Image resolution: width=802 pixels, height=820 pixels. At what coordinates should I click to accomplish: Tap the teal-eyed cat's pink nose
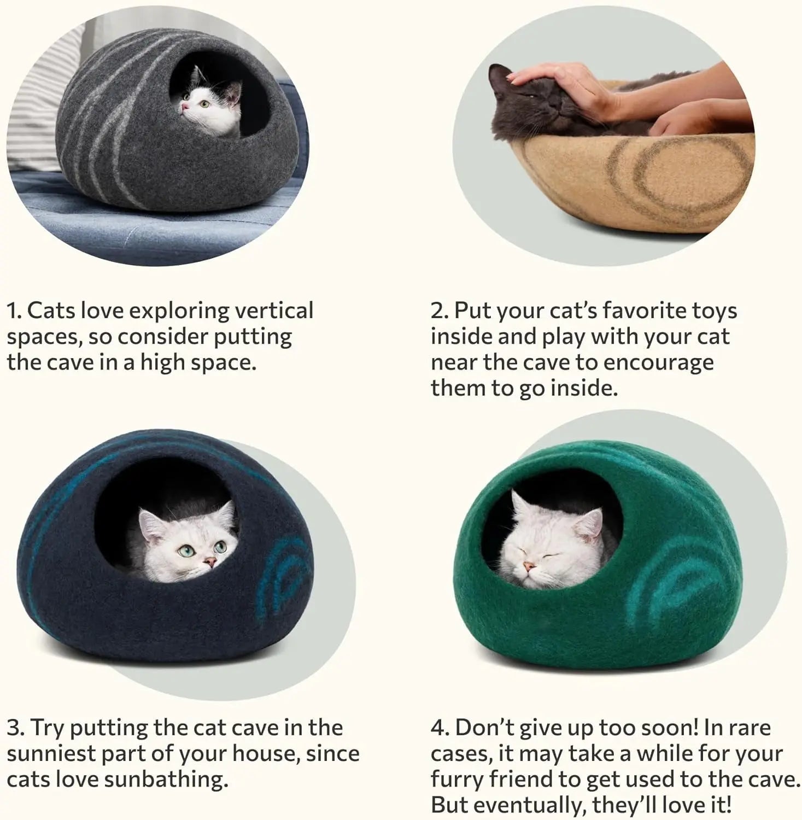(x=209, y=561)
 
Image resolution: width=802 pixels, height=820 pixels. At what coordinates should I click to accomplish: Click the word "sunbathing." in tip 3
(x=166, y=779)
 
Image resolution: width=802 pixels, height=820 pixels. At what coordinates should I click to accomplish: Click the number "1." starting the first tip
(x=14, y=311)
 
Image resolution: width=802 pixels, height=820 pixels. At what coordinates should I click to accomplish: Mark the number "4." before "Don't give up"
(x=440, y=728)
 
